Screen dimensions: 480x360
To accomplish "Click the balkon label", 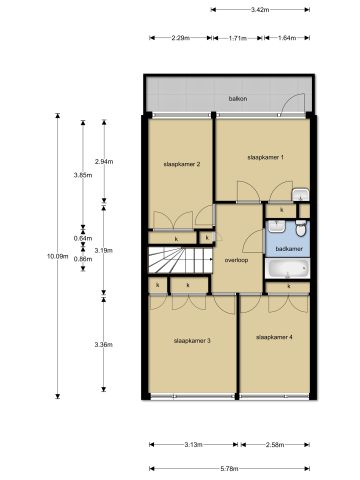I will click(x=237, y=99).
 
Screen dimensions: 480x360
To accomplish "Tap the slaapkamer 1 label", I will click(x=265, y=157).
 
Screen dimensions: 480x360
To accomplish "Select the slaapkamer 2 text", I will click(x=183, y=164).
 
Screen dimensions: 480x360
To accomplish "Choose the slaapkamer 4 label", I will click(x=274, y=336).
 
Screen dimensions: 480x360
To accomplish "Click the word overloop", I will click(x=236, y=259).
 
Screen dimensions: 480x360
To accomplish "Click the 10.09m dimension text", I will click(x=58, y=257).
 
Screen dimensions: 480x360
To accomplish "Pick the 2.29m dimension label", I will click(x=181, y=38).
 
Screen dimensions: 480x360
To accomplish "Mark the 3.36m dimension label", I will click(x=102, y=344).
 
